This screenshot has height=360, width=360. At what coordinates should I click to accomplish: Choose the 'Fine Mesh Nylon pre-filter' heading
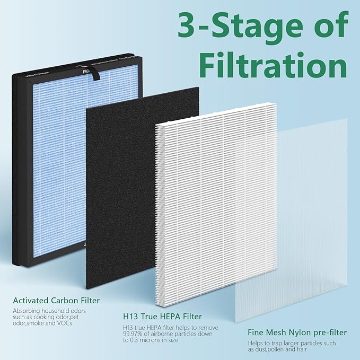(297, 333)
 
